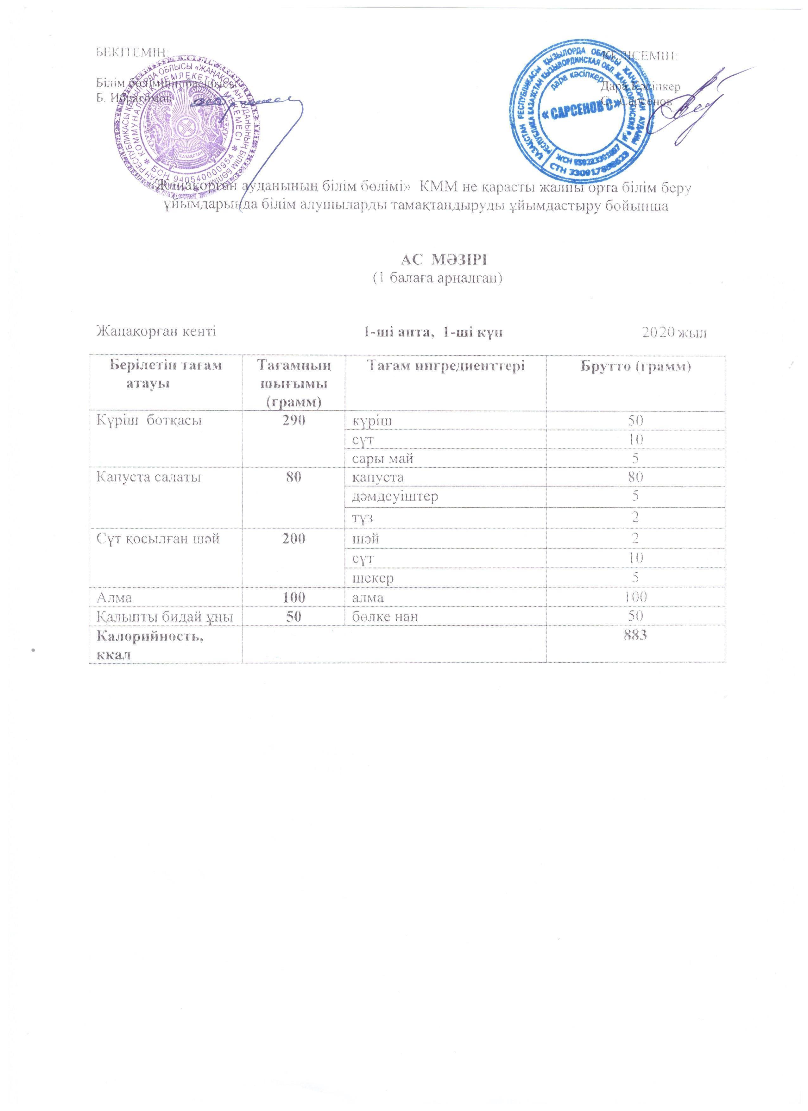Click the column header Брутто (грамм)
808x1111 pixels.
pyautogui.click(x=635, y=366)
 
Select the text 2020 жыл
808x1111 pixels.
pyautogui.click(x=674, y=333)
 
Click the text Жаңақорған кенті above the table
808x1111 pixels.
pyautogui.click(x=156, y=332)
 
